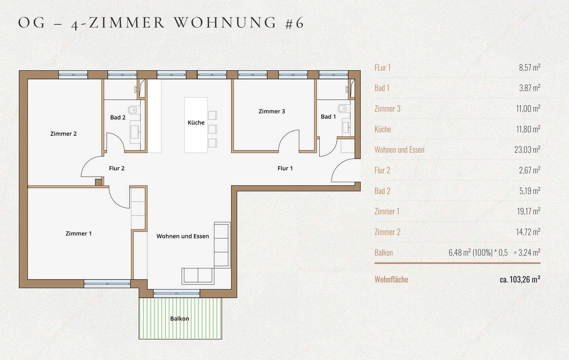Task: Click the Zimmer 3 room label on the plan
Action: point(271,111)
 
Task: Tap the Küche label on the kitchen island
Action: point(196,123)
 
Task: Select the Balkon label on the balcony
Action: point(179,319)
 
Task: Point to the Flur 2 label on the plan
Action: point(117,168)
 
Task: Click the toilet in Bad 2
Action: point(134,110)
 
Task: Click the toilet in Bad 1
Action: point(344,109)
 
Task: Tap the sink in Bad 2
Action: point(135,132)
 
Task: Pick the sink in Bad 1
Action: point(346,127)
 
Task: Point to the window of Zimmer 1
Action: point(107,284)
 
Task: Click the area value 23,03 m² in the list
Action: point(527,149)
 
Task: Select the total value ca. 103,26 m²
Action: point(520,279)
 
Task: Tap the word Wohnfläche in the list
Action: point(391,279)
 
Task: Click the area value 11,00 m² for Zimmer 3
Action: point(528,109)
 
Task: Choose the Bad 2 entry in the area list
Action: point(382,191)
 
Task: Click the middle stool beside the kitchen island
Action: point(213,129)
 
